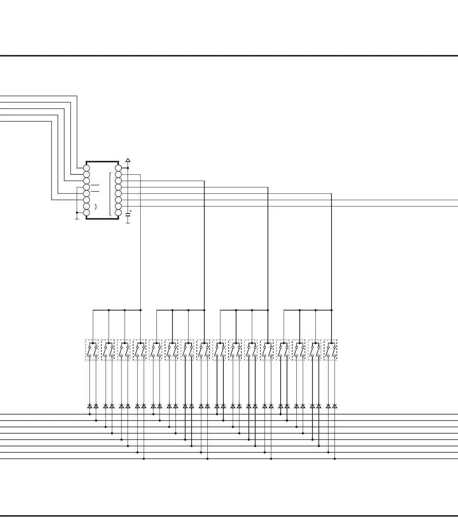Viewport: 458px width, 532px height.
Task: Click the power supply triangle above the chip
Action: (128, 160)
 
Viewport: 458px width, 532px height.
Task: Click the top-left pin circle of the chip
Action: (86, 168)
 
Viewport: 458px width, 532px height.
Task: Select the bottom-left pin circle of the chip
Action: (86, 213)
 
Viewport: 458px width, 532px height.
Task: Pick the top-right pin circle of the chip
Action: (118, 168)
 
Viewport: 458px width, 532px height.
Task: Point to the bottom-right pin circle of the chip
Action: (118, 213)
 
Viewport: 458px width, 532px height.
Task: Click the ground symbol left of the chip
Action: (77, 218)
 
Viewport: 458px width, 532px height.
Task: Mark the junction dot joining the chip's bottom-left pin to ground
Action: (77, 213)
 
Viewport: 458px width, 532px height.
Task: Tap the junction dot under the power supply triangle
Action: (128, 168)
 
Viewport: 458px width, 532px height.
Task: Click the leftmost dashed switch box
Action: (92, 350)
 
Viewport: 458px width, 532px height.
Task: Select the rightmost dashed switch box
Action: (330, 350)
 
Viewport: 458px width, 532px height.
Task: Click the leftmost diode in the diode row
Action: (90, 406)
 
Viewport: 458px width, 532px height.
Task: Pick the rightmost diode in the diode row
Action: (335, 406)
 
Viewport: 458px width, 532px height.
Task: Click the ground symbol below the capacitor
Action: (128, 222)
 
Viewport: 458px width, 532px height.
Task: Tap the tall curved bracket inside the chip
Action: (110, 194)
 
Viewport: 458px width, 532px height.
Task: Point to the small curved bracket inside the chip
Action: (96, 207)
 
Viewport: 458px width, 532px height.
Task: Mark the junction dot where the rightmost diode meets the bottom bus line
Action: (335, 459)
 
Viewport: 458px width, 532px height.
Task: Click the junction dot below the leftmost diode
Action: (90, 414)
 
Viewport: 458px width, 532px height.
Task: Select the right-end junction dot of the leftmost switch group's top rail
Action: (141, 310)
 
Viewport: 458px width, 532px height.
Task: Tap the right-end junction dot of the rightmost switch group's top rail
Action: (332, 310)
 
